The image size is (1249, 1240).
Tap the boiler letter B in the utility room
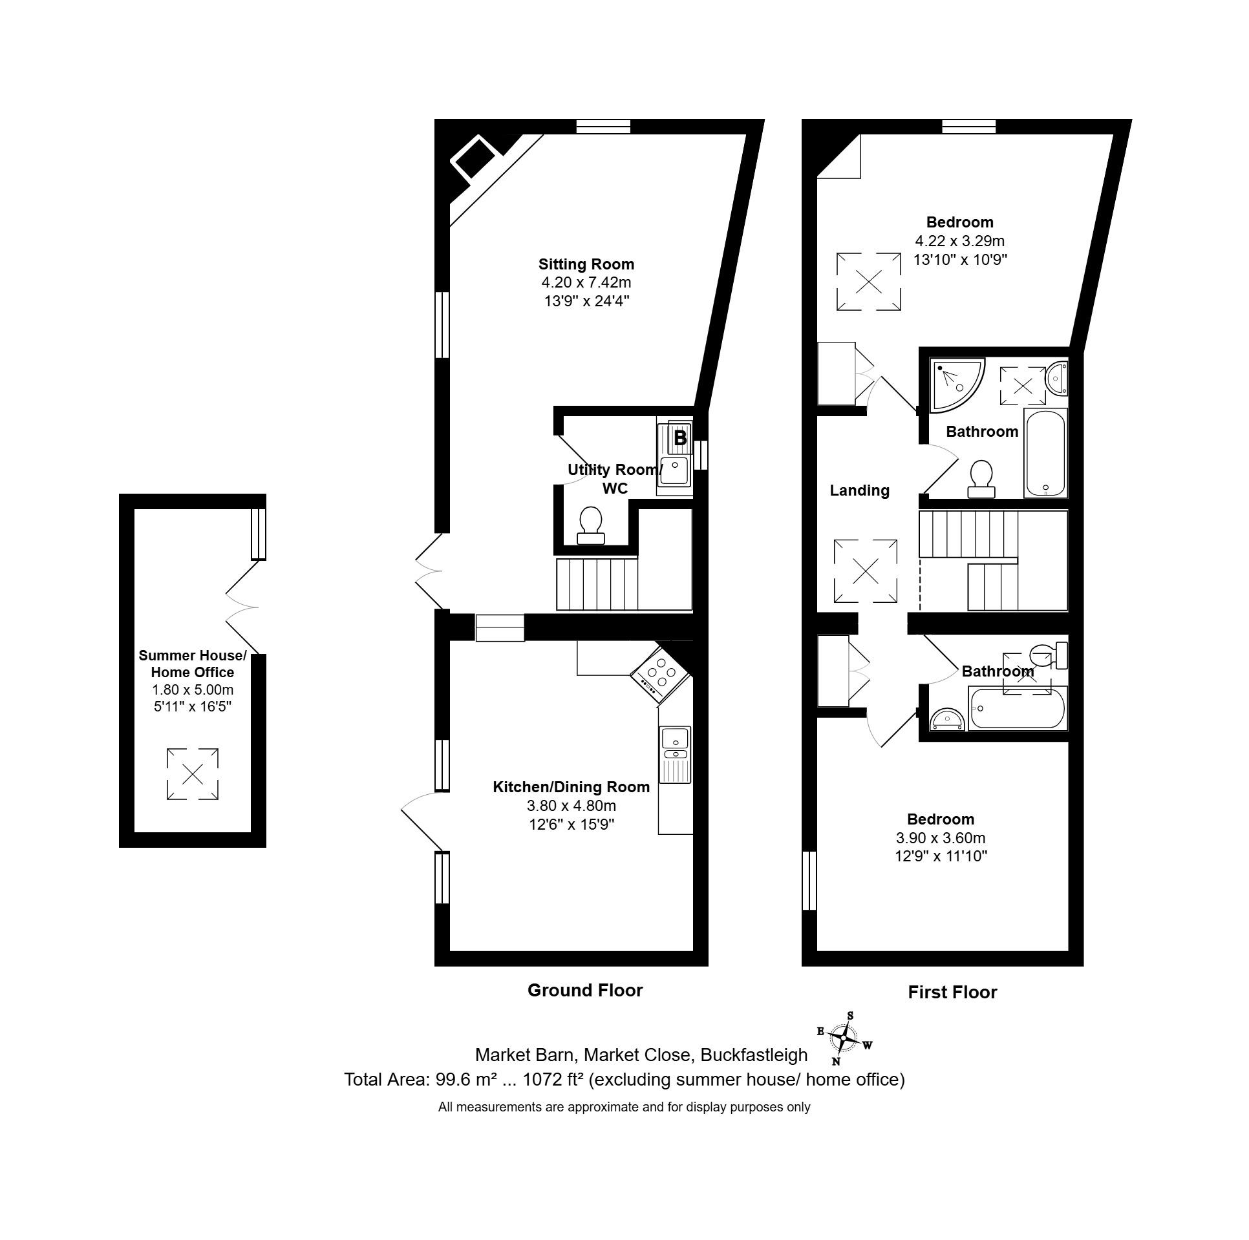(x=680, y=438)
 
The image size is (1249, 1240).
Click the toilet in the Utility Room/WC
(x=591, y=525)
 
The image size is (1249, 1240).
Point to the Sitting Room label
(x=586, y=264)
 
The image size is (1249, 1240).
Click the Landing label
(x=859, y=490)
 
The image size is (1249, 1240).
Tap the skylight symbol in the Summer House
(x=192, y=774)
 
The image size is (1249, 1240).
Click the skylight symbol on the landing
(x=865, y=571)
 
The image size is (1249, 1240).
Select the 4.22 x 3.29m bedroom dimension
(x=959, y=241)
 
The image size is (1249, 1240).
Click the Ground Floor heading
(x=585, y=991)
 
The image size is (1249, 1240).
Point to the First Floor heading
(x=952, y=993)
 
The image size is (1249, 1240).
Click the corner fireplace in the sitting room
(x=474, y=158)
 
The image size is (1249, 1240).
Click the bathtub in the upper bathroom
(x=1045, y=452)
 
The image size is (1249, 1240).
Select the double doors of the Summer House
(x=242, y=607)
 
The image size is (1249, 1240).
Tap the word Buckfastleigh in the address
(x=754, y=1055)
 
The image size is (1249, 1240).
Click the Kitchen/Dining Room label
(x=571, y=787)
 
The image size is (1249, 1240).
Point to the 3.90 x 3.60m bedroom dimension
(x=940, y=838)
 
